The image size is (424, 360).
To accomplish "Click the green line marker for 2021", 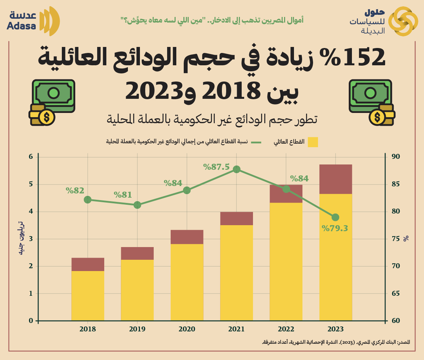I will (x=236, y=169).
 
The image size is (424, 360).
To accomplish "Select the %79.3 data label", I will (x=335, y=228).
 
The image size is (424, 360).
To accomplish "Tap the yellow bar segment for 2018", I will (x=88, y=296).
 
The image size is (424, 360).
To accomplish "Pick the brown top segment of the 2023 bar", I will (x=336, y=179).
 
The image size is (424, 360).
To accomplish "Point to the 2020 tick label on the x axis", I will (x=187, y=329).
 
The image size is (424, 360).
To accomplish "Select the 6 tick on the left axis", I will (x=31, y=157).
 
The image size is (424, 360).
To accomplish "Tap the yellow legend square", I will (x=313, y=142).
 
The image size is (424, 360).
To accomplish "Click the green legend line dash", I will (x=256, y=142).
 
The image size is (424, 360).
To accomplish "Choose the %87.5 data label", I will (x=217, y=167).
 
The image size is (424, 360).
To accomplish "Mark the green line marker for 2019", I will (x=137, y=205).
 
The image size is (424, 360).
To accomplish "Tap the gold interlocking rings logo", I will (x=403, y=21).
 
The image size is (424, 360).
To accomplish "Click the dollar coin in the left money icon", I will (x=46, y=116).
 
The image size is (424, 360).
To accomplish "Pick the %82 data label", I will (x=75, y=191).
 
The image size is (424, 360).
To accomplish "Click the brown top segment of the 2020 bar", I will (x=187, y=237).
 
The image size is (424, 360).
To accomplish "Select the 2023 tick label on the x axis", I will (x=335, y=329).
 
